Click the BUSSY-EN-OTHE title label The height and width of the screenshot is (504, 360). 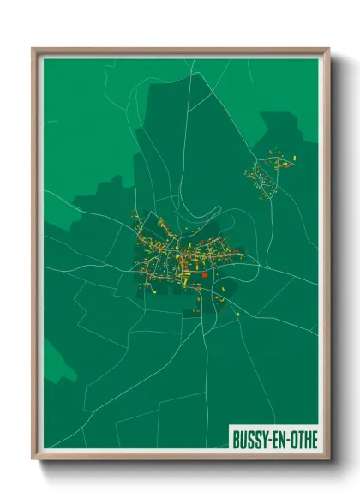pyautogui.click(x=274, y=439)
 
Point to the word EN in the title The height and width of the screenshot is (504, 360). pyautogui.click(x=280, y=439)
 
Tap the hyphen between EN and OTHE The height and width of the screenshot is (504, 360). pyautogui.click(x=289, y=440)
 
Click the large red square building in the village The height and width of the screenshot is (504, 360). pyautogui.click(x=207, y=275)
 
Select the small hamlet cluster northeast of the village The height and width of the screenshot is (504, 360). pyautogui.click(x=268, y=171)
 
